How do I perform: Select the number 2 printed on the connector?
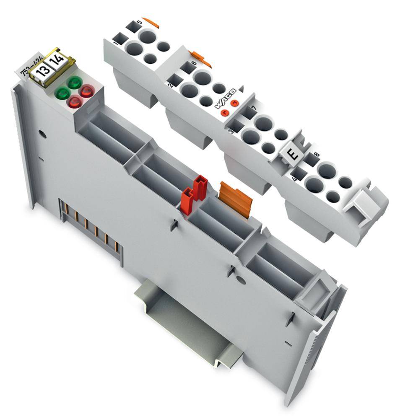[170, 85]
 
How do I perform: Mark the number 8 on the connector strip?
[317, 155]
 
